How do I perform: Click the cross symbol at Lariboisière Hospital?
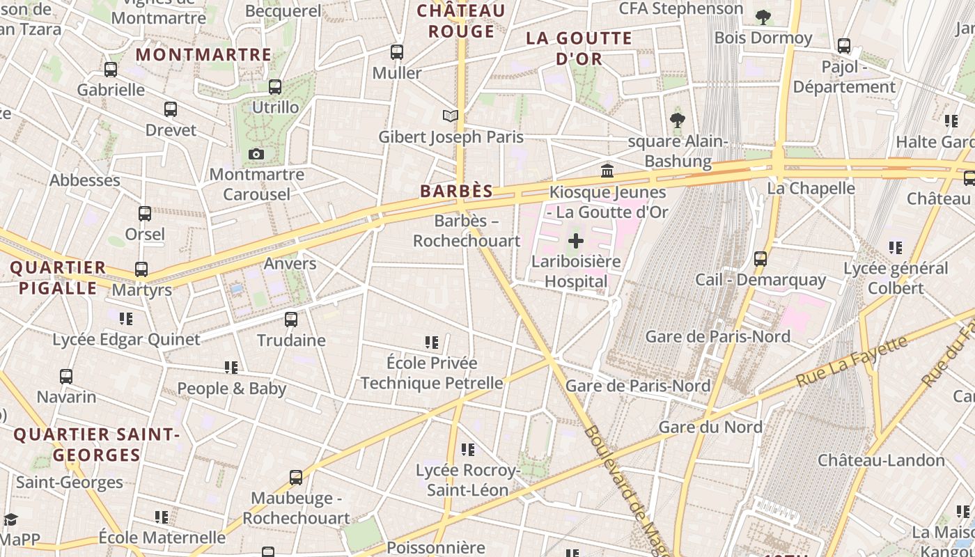pos(576,242)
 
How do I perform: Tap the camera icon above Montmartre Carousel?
pos(256,154)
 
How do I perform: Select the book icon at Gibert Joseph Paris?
pos(451,116)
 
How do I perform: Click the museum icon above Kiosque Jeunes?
pos(607,171)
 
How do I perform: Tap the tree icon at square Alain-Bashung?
pos(677,120)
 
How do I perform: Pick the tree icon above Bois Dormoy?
pos(763,17)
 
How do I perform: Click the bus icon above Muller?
pos(397,52)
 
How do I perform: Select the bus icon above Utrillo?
pos(275,87)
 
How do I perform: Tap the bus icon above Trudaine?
pos(291,320)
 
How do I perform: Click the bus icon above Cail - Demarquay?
pos(760,259)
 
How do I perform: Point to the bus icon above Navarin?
pos(66,377)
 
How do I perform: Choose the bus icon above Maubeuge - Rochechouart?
pos(296,478)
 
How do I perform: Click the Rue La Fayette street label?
pos(852,361)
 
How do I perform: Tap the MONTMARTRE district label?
pos(203,54)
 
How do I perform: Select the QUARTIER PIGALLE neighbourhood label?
pos(58,278)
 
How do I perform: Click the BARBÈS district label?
pos(456,191)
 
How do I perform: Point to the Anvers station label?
pos(290,264)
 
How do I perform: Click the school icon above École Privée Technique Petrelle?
pos(432,343)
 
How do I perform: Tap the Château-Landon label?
pos(881,460)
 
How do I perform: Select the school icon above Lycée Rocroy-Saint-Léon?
pos(468,450)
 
